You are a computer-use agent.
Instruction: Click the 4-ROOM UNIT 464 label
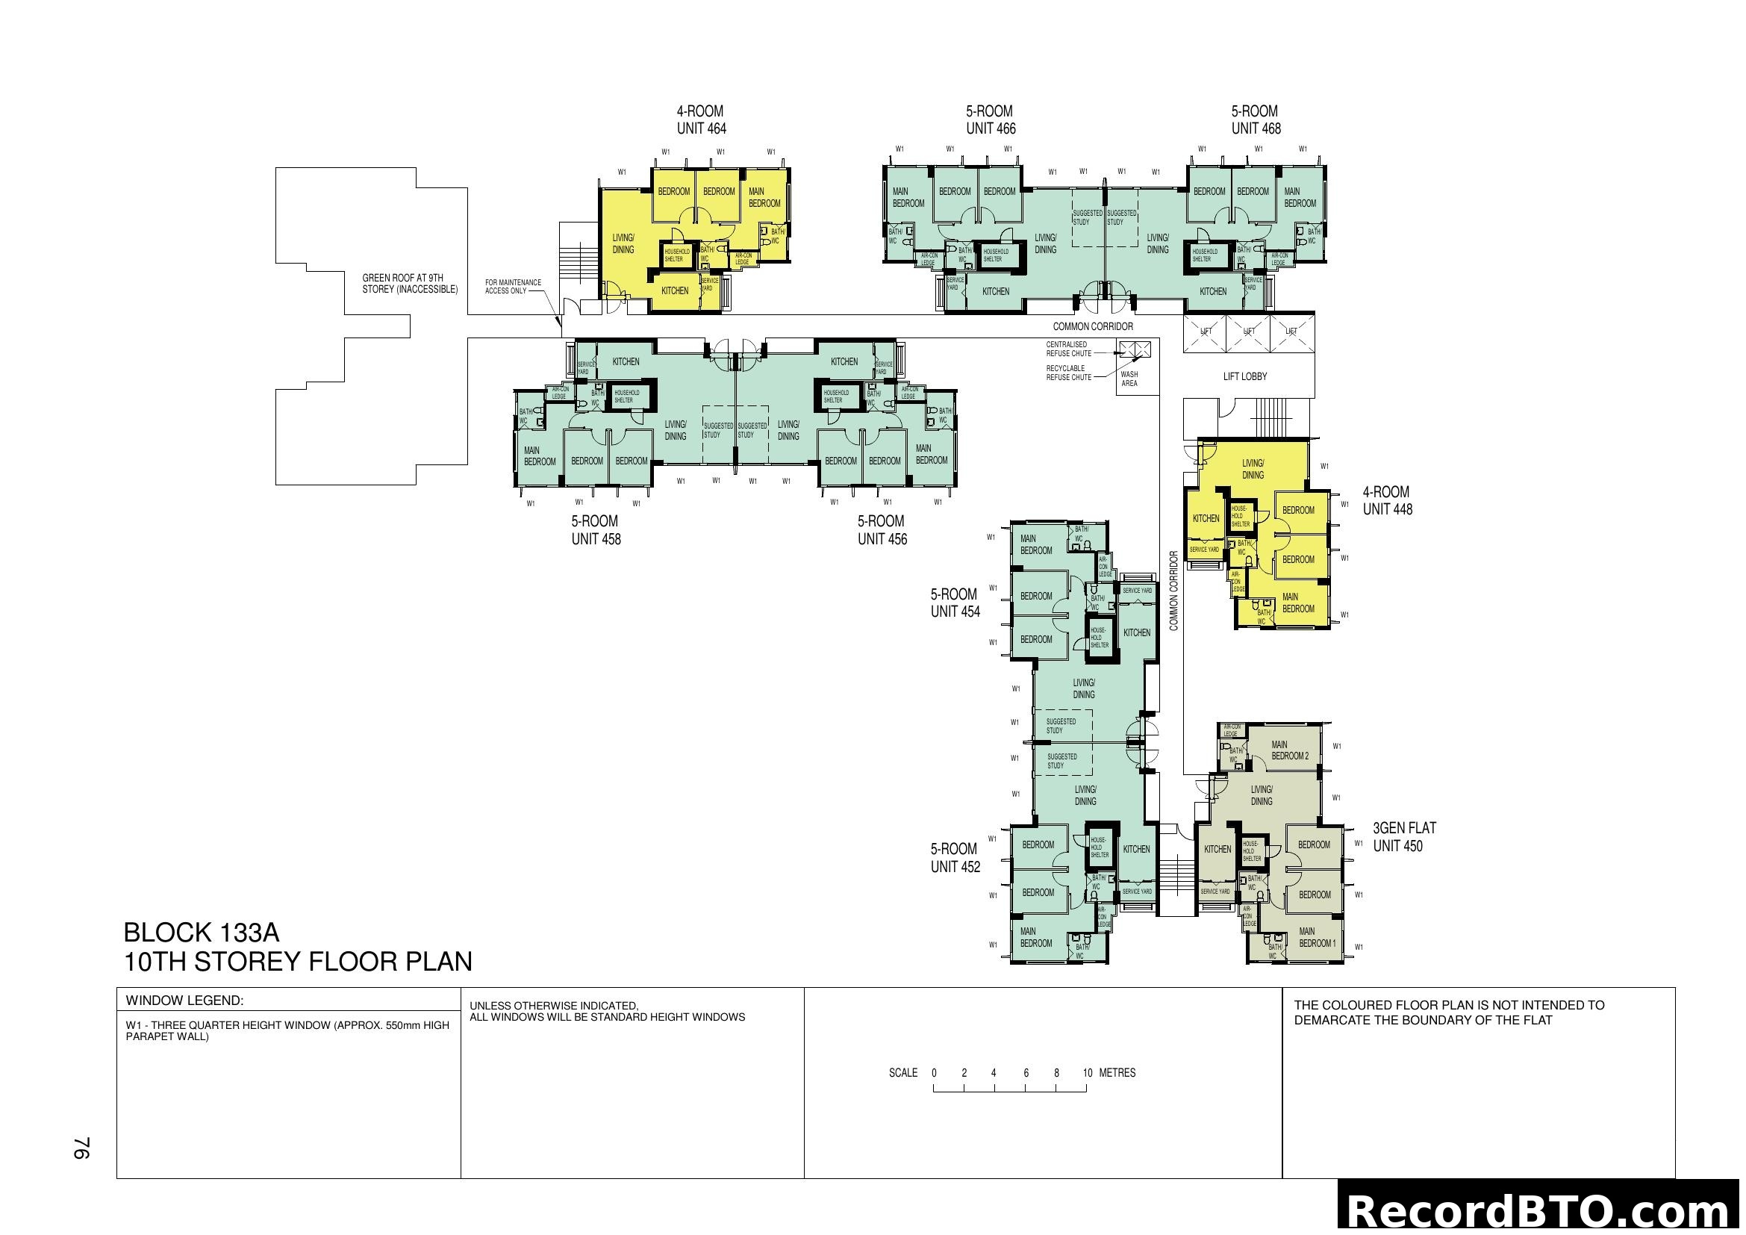tap(700, 120)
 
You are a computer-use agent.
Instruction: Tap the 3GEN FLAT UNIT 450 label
tap(1403, 836)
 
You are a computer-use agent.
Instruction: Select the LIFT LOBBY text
tap(1245, 376)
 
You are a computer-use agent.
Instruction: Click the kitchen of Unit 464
tap(675, 290)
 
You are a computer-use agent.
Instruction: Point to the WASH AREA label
tap(1129, 379)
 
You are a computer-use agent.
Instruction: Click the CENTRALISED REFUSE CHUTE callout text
tap(1068, 349)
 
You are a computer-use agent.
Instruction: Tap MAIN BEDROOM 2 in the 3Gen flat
tap(1290, 750)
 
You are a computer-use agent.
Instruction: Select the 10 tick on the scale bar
tap(1088, 1073)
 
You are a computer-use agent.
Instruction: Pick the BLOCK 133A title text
tap(202, 933)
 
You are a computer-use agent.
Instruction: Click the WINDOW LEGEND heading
tap(184, 1001)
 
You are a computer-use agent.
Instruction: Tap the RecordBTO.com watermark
tap(1540, 1210)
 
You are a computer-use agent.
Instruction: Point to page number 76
tap(82, 1148)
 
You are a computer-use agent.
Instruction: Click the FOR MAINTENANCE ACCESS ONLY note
tap(514, 287)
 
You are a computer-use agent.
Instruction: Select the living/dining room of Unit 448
tap(1253, 469)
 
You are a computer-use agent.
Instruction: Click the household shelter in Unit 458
tap(626, 396)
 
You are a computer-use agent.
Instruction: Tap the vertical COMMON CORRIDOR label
tap(1173, 591)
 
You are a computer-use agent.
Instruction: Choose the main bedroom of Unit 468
tap(1300, 198)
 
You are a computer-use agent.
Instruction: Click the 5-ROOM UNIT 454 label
tap(955, 603)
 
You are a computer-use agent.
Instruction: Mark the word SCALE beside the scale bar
tap(902, 1073)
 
